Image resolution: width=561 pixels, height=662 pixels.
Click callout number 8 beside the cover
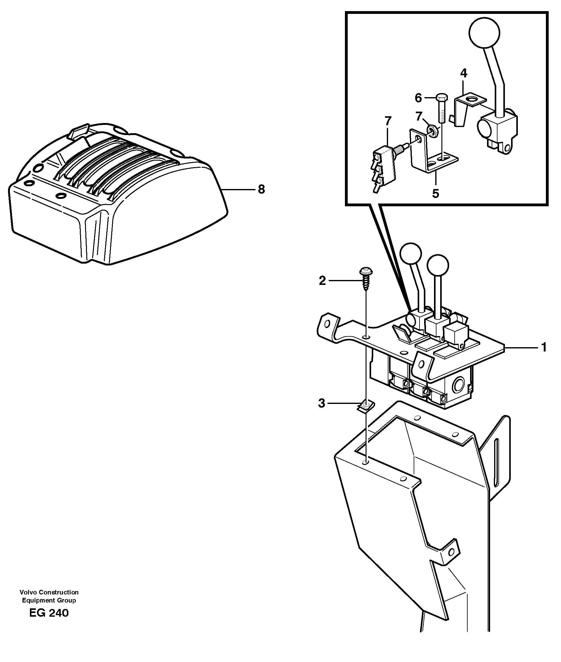[261, 190]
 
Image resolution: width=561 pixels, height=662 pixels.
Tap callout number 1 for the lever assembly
[544, 347]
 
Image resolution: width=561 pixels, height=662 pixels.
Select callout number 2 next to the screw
[322, 281]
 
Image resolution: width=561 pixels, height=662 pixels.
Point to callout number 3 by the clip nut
[322, 404]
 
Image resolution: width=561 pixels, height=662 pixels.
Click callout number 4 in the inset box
[464, 73]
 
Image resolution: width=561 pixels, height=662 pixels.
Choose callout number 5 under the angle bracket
[435, 193]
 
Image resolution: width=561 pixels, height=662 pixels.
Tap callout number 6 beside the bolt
[418, 98]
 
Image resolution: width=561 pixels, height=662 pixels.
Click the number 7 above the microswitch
[388, 121]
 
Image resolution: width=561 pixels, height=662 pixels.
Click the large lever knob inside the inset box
[484, 32]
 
